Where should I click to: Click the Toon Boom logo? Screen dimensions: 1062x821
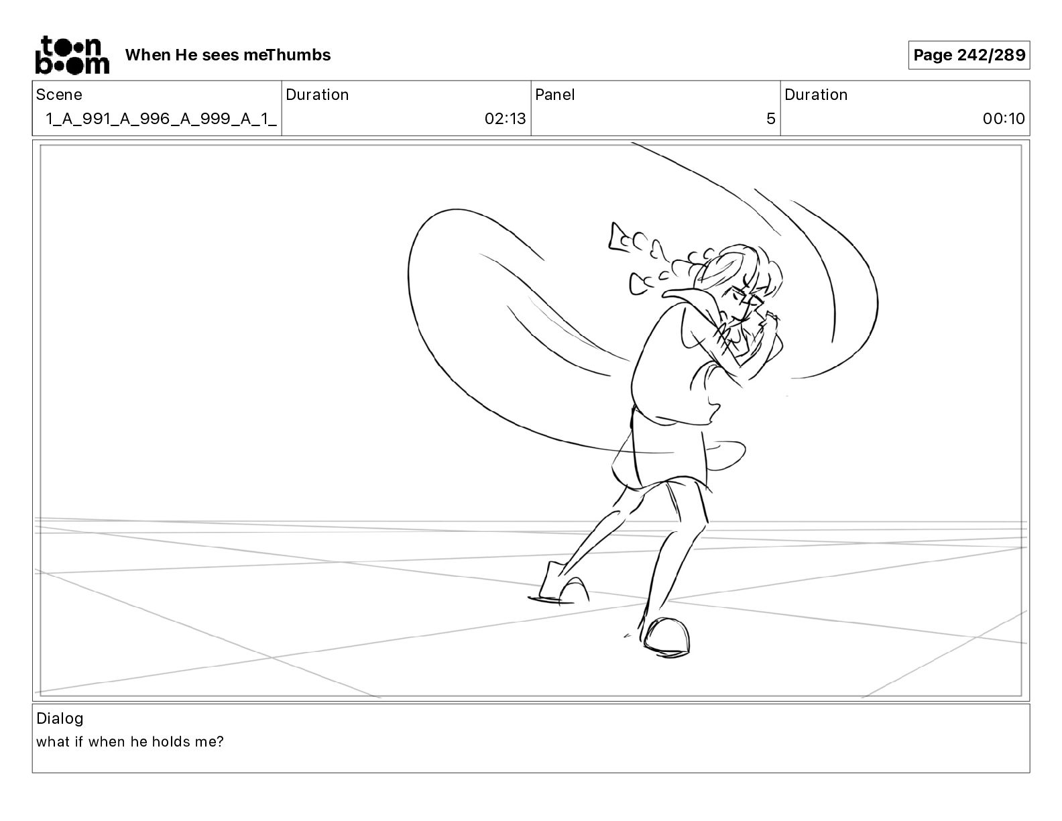point(72,55)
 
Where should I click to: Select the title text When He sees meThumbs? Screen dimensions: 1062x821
point(228,55)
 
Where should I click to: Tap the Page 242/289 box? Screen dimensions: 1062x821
point(969,55)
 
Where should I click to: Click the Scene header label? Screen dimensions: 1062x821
point(59,95)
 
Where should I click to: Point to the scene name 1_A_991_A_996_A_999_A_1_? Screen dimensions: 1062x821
point(162,119)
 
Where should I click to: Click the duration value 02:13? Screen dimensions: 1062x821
point(505,119)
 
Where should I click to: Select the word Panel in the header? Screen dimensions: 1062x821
point(554,95)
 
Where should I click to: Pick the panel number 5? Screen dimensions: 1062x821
point(771,119)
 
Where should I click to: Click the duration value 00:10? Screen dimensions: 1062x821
point(1004,119)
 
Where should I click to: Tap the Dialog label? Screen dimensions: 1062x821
point(60,718)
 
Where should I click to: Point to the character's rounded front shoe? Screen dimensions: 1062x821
point(666,637)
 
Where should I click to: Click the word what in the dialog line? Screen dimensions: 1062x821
point(53,742)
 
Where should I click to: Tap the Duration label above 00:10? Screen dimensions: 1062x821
point(816,95)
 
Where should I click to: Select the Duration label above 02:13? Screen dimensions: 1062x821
point(317,95)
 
